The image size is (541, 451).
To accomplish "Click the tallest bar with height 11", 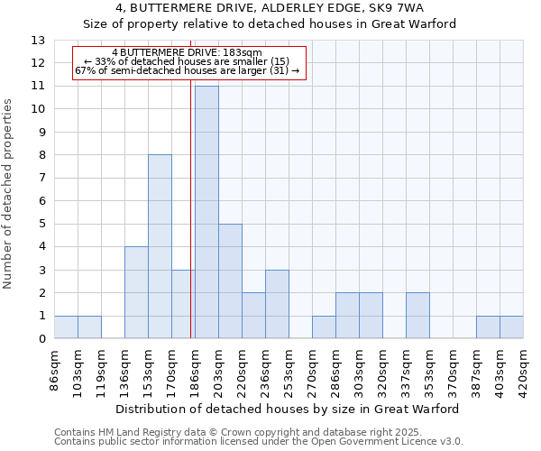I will [x=206, y=212].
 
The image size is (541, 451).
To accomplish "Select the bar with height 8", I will [x=160, y=246].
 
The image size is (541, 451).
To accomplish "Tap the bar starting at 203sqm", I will [x=230, y=281].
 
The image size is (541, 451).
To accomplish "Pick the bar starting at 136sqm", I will [x=136, y=292].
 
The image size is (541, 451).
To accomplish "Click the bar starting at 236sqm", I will [x=277, y=304].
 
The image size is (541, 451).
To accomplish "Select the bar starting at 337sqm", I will [x=417, y=316].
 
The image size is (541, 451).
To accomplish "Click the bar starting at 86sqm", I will [x=66, y=327].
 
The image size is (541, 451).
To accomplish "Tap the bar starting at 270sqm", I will [x=324, y=327].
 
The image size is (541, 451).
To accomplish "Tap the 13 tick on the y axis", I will [x=38, y=41].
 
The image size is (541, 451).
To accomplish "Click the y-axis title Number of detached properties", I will [x=9, y=195].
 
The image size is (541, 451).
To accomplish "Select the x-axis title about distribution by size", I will [x=289, y=409].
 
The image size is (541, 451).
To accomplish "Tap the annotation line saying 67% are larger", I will [x=188, y=70].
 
